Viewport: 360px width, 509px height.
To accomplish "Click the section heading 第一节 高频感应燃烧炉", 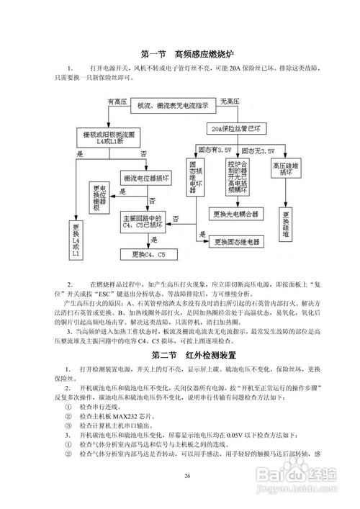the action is pyautogui.click(x=179, y=55).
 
